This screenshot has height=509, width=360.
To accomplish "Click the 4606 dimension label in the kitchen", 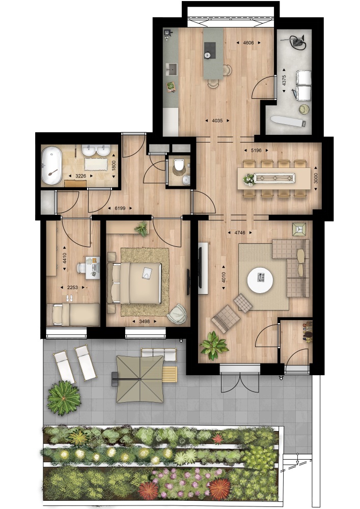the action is [248, 43].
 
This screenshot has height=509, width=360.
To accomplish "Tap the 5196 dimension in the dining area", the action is [257, 150].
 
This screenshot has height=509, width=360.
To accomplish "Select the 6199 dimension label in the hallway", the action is [120, 208].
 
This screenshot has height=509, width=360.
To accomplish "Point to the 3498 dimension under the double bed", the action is [145, 321].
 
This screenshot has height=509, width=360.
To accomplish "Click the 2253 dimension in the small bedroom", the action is [72, 287].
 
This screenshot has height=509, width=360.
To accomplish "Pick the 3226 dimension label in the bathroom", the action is [81, 176].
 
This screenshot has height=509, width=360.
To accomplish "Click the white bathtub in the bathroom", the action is [51, 166].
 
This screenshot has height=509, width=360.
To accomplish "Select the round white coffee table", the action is [260, 280].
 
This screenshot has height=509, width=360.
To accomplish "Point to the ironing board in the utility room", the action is [288, 121].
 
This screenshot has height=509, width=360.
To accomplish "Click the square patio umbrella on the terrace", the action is [140, 379].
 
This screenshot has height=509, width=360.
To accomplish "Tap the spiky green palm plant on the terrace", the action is [64, 398].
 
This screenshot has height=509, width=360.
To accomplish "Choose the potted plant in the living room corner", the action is [214, 346].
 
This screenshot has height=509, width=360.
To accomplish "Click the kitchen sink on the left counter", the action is [171, 69].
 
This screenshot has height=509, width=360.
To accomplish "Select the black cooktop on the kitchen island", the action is [210, 50].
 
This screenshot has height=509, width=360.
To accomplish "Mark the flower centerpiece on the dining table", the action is [249, 180].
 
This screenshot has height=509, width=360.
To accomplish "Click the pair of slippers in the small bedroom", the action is [69, 298].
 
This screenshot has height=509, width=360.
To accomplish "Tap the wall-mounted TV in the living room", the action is [200, 268].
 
